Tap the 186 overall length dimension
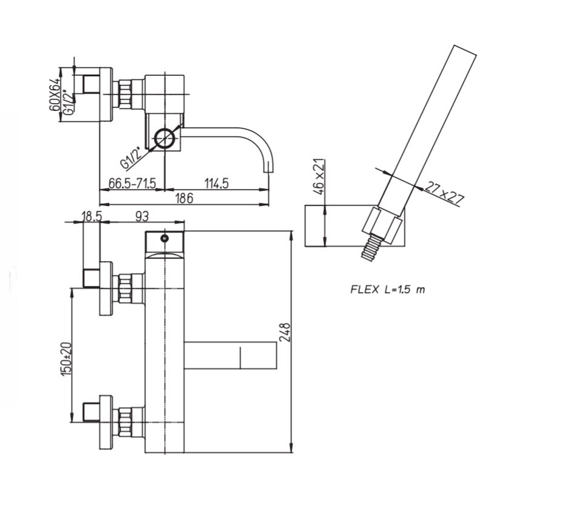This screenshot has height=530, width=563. coord(184,198)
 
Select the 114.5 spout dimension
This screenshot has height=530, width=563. coord(216,184)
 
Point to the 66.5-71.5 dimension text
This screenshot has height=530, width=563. coord(132,184)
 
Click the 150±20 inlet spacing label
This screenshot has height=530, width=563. coord(67,360)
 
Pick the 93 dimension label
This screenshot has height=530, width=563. coord(142,216)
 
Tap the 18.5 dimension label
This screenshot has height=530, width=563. coord(92,216)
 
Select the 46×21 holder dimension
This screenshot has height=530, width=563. coord(319,177)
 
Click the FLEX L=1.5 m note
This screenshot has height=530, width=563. coord(387,289)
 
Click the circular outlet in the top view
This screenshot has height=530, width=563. coord(165,137)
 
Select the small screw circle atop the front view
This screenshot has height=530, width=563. coord(164,238)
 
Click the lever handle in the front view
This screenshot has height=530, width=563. coord(230,355)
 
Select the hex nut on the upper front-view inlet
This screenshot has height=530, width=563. coord(125,288)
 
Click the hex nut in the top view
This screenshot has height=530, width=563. coord(125,94)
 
